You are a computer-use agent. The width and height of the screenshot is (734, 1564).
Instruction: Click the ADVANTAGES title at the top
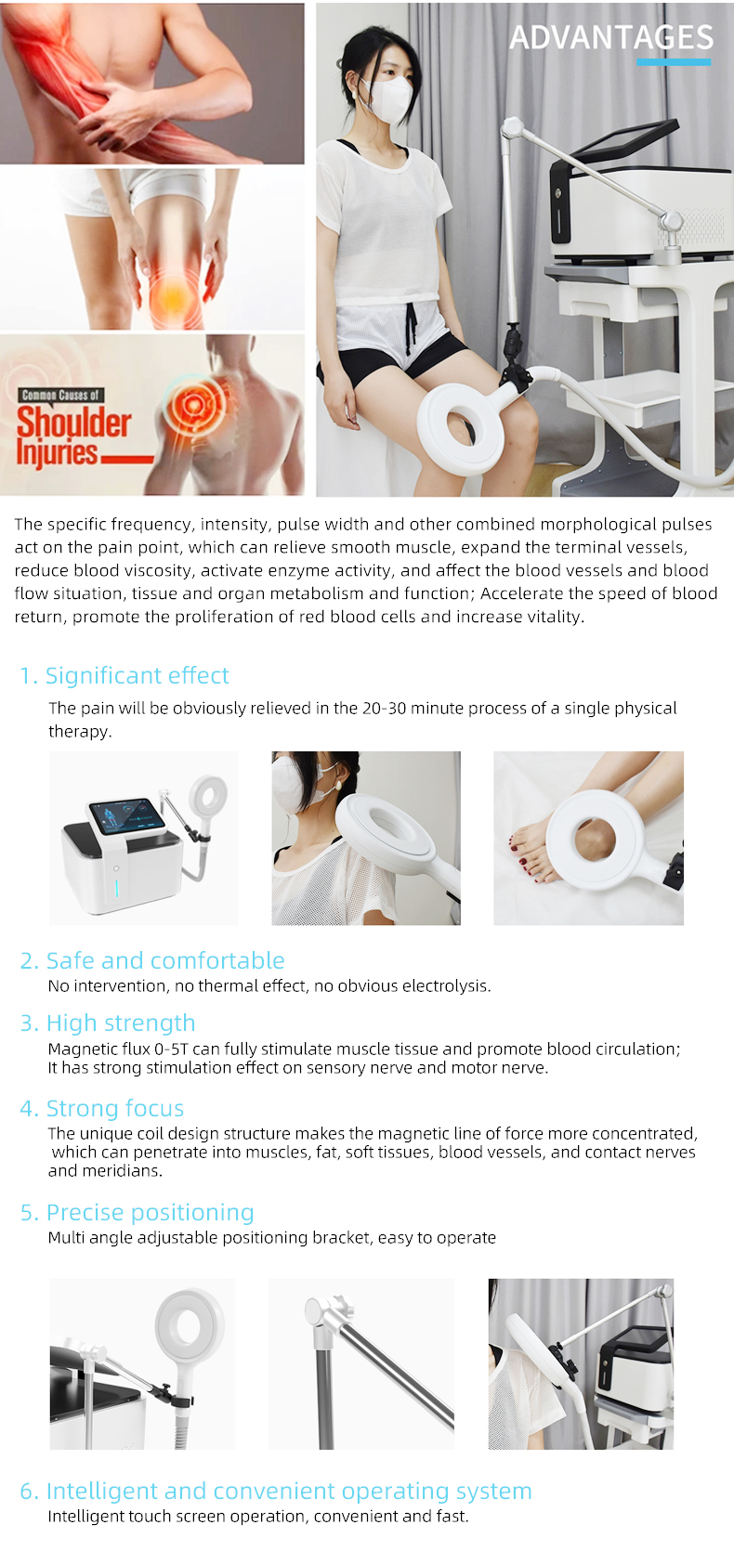pos(611,37)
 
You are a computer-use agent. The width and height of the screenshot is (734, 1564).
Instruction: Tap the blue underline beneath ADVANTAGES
pos(674,62)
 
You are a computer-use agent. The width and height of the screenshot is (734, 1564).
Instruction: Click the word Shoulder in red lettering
pos(74,423)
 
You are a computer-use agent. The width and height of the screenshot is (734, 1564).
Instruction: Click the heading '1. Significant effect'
pos(125,675)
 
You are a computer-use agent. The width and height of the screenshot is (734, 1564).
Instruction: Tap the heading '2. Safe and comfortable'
pos(152,960)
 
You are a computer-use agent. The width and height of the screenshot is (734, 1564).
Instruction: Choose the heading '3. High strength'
pos(108,1023)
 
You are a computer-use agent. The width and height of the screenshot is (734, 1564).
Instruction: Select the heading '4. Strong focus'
pos(102,1108)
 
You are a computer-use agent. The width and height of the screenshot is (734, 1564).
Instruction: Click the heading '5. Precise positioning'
pos(138,1212)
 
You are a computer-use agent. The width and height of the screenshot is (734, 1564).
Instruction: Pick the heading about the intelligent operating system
pos(276,1491)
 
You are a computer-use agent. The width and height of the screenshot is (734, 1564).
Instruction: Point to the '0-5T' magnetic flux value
pos(171,1049)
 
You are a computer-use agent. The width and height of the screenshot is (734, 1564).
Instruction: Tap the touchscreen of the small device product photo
pos(125,815)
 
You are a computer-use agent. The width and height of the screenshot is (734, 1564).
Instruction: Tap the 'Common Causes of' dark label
pos(60,395)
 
